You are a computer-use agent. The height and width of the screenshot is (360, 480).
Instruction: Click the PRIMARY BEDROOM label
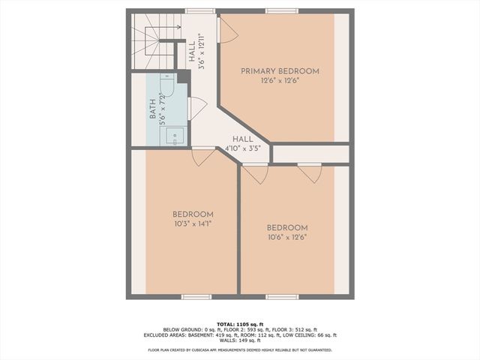pos(279,71)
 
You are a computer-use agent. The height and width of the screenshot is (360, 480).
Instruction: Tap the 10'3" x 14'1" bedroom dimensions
pos(193,223)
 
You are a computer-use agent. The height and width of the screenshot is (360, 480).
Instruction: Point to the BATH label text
pos(153,111)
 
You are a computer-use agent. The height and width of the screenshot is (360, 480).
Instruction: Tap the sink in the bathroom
pos(176,136)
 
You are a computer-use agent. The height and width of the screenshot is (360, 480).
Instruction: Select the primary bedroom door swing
pos(227,30)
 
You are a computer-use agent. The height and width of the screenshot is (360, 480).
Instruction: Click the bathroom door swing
pos(197,108)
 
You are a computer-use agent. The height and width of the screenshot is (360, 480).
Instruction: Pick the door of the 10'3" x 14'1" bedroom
pos(203,157)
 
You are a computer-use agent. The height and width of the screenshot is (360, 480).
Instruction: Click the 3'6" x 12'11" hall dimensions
pos(202,54)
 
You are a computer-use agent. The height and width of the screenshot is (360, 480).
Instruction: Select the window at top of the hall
pos(197,10)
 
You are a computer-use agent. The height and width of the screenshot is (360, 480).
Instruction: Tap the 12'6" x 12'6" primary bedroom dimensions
pos(279,80)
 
